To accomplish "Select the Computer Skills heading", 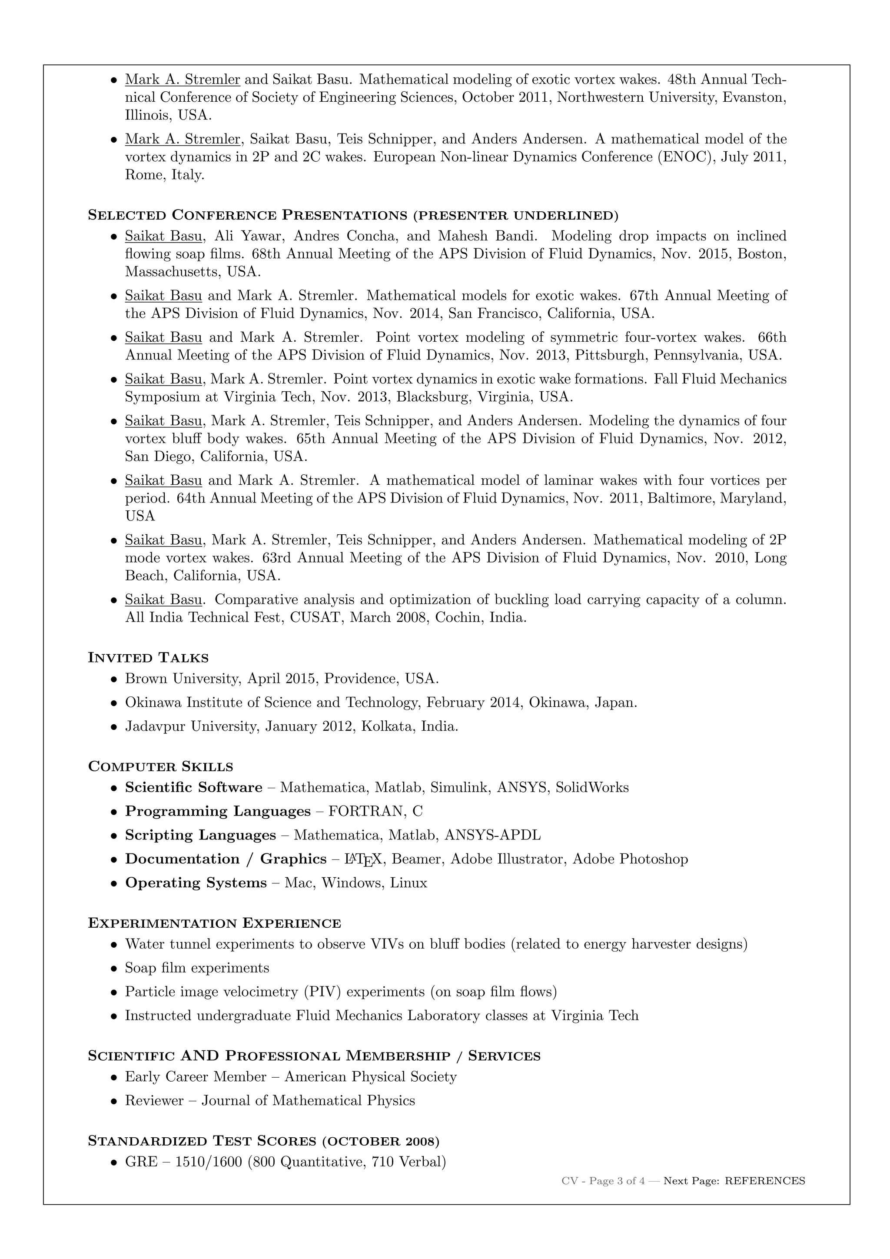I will coord(160,766).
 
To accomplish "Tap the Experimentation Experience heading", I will coord(214,923).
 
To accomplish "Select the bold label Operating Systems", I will coord(196,883).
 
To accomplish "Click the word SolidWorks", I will coord(592,788).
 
